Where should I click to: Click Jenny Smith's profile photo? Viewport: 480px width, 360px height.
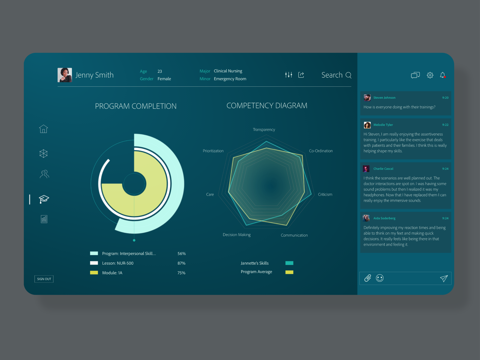(x=64, y=75)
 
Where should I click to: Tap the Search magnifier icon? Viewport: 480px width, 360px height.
(x=348, y=75)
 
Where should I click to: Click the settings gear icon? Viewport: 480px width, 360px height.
(x=430, y=75)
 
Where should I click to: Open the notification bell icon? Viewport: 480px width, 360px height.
(x=442, y=75)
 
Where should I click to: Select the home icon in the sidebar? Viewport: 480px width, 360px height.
(x=43, y=129)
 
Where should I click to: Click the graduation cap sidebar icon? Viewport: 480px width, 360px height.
(x=44, y=199)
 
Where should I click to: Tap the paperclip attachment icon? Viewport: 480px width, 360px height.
(x=367, y=278)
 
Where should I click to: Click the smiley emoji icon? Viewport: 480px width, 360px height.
(x=380, y=278)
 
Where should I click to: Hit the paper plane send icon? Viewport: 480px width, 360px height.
(x=444, y=278)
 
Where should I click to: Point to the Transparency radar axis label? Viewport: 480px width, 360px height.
(x=264, y=130)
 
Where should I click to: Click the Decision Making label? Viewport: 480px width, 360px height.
(x=236, y=235)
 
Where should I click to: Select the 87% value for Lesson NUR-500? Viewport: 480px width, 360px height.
(x=181, y=263)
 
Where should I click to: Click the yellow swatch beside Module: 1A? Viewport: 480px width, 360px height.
(x=94, y=273)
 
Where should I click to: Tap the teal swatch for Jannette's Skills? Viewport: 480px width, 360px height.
(x=289, y=263)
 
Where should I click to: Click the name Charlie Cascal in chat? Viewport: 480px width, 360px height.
(x=383, y=169)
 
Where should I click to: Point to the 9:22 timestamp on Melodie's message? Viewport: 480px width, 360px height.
(x=445, y=125)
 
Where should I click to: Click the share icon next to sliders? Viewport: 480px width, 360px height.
(x=301, y=75)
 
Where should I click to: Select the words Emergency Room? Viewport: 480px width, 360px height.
(x=230, y=79)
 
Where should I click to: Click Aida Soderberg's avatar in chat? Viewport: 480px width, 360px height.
(x=366, y=218)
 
